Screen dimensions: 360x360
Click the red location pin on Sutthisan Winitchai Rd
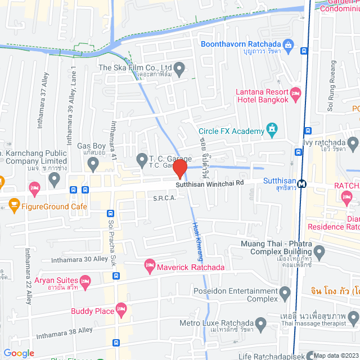tap(180, 169)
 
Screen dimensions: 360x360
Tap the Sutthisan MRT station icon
tap(303, 183)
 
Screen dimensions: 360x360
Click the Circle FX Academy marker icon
tap(273, 131)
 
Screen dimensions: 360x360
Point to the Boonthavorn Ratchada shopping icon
tap(288, 44)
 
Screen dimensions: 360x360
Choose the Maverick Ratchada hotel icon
tap(150, 264)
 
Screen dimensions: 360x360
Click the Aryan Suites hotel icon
tap(85, 280)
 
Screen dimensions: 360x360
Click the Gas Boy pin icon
tap(93, 164)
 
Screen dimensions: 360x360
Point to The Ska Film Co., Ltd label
tap(135, 67)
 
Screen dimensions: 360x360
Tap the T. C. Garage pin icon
tap(142, 161)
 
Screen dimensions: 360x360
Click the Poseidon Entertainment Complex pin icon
tap(285, 292)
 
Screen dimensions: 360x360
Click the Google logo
tap(19, 353)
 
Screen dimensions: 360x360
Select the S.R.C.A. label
tap(165, 198)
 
